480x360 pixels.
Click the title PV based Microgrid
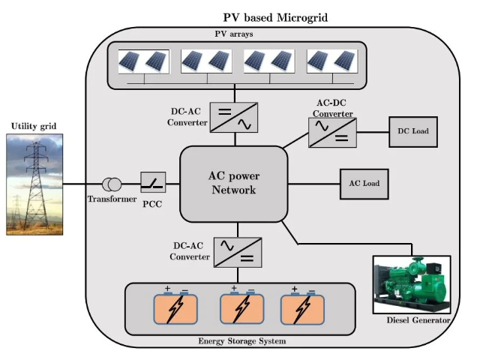275,16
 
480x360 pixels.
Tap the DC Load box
412,131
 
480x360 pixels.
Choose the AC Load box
364,183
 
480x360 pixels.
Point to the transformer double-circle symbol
112,184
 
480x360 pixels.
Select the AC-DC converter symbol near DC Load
332,132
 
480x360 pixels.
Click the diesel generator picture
412,286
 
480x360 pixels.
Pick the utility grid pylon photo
34,183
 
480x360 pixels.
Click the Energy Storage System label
241,342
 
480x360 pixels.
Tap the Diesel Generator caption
418,321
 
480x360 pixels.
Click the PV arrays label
235,34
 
